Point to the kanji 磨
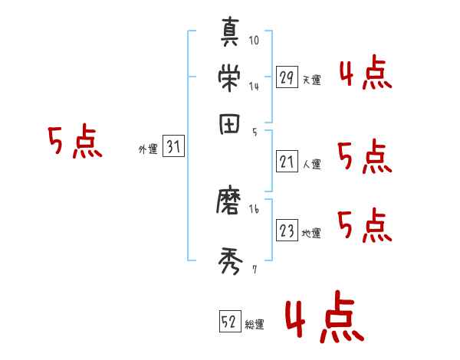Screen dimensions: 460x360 point(230,205)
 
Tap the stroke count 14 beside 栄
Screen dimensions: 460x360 point(254,87)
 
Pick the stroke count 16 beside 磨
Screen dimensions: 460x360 point(254,208)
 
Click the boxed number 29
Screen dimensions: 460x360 point(287,77)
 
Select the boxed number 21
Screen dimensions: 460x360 point(287,162)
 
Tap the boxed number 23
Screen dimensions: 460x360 point(287,231)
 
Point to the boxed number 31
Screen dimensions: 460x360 point(173,149)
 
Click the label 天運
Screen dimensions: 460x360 point(311,80)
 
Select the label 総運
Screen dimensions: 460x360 point(255,324)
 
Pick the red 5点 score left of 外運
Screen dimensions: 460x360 point(75,142)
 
